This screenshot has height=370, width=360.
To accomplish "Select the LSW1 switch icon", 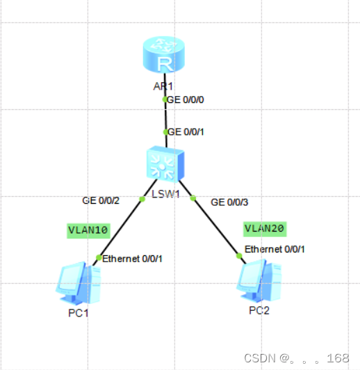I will [165, 166].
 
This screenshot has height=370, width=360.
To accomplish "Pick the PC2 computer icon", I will [256, 281].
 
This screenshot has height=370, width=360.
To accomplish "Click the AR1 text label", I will [163, 88].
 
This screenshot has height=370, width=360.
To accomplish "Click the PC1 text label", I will [78, 312].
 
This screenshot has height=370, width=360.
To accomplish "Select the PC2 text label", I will [259, 309].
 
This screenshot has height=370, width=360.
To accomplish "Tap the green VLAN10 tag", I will [88, 230].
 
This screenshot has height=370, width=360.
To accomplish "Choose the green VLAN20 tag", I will [264, 228].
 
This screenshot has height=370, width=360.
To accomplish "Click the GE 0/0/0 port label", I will [186, 99].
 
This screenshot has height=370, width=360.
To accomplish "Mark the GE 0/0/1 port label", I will [186, 131].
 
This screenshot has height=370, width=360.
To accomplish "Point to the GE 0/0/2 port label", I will [101, 200].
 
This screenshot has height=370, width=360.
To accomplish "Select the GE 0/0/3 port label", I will [229, 202].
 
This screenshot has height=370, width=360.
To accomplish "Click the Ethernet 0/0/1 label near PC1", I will [133, 259].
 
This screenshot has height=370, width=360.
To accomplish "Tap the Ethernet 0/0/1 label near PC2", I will [275, 249].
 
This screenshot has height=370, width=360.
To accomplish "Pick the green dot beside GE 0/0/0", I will [165, 99].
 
